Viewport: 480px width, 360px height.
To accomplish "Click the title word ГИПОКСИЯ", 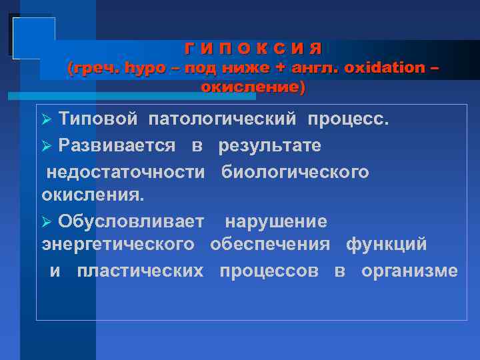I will point(253,49).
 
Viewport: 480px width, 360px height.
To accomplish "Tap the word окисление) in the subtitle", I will point(253,87).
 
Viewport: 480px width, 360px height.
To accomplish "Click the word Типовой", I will point(98,119).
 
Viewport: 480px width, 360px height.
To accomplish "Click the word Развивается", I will point(117,145).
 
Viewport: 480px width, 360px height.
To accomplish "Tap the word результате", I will point(269,145).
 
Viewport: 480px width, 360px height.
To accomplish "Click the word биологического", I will point(295,172).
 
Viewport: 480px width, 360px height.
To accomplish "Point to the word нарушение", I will point(275,221).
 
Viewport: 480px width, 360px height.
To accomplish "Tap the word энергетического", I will point(118,245).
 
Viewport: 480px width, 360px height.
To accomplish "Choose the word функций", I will point(386,245).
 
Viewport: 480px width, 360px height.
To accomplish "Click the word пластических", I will point(140,271).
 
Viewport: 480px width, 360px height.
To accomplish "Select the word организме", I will point(409,271).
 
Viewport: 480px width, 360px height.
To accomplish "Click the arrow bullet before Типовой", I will point(47,120).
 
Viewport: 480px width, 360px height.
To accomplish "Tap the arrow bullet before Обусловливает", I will point(47,221).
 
